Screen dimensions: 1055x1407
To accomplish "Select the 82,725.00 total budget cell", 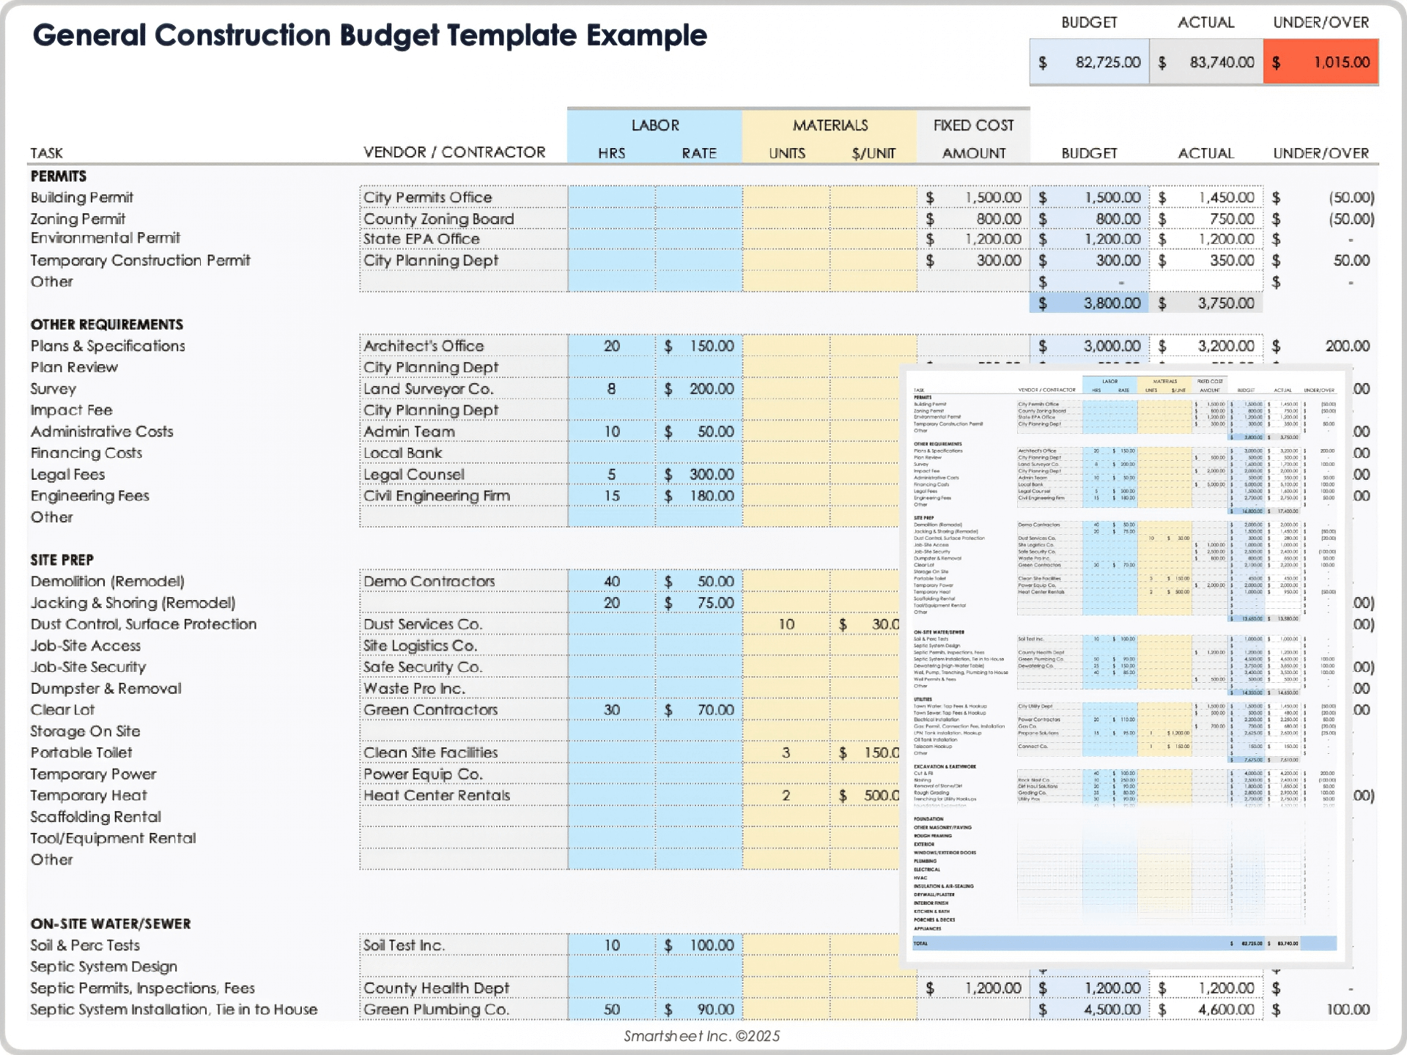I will [x=1090, y=62].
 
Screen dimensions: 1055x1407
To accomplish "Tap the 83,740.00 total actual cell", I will [x=1207, y=62].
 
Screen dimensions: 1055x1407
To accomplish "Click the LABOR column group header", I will [x=654, y=125].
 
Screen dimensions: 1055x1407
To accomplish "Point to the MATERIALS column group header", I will [x=830, y=125].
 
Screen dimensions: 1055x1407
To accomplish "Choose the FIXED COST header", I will [x=973, y=125].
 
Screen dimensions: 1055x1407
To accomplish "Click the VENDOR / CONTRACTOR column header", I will [x=454, y=152].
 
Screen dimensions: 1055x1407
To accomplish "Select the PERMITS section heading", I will [x=59, y=176].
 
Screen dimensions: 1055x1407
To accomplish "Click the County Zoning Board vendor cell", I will [x=438, y=219].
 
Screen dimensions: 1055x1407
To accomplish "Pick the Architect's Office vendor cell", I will [x=424, y=346].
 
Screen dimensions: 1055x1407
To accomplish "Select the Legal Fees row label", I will [x=67, y=475].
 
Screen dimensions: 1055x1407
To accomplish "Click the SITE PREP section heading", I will [x=62, y=560].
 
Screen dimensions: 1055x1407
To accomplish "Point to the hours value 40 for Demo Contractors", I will [x=612, y=582].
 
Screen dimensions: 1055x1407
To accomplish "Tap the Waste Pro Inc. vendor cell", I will [x=414, y=689].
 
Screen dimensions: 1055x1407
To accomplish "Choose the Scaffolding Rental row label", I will [x=95, y=817].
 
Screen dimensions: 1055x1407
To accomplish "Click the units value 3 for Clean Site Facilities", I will [x=786, y=752].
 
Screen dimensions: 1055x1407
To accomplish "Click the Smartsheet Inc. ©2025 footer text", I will [x=701, y=1036].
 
